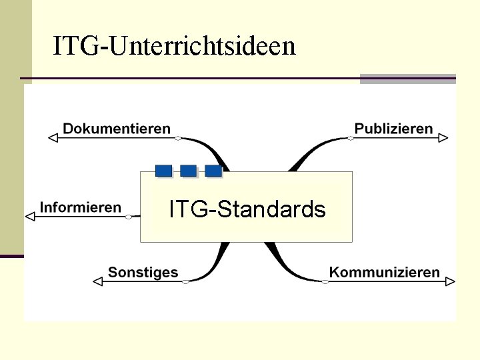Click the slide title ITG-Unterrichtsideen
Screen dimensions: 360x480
174,46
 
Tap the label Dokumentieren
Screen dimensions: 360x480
117,129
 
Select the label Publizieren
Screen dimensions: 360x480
393,129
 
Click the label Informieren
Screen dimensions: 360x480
81,207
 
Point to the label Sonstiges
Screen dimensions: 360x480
143,272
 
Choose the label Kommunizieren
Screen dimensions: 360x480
385,272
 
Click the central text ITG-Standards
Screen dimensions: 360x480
247,209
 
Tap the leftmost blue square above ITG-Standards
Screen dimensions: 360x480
163,171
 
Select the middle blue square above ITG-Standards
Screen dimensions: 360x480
189,171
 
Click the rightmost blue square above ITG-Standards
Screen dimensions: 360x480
213,171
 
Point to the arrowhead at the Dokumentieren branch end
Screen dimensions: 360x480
54,138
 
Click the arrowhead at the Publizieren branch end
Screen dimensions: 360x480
443,138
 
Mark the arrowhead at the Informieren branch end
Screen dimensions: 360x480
29,216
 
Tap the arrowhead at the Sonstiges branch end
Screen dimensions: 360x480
97,281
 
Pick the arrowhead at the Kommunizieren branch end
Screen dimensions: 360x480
451,281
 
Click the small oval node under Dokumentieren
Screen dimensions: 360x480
178,138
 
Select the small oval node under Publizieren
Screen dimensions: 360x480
351,138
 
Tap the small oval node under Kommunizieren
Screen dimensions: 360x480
325,281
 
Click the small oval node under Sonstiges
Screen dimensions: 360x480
185,281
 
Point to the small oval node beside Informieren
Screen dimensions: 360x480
129,216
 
